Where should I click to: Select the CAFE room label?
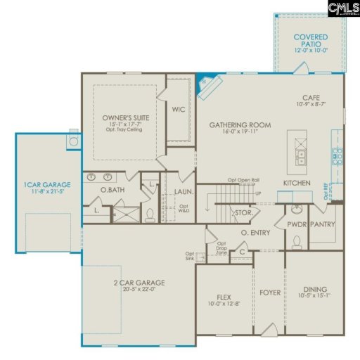tap(311, 99)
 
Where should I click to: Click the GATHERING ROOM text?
tap(240, 125)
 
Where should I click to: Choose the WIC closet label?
tap(178, 110)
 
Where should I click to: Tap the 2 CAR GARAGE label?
tap(139, 283)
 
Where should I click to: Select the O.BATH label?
tap(112, 190)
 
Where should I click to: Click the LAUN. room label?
tap(184, 190)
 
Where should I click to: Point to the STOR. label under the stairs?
tap(243, 212)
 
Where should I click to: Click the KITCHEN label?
tap(297, 183)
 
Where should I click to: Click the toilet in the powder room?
tap(297, 243)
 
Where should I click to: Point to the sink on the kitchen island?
tap(300, 156)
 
